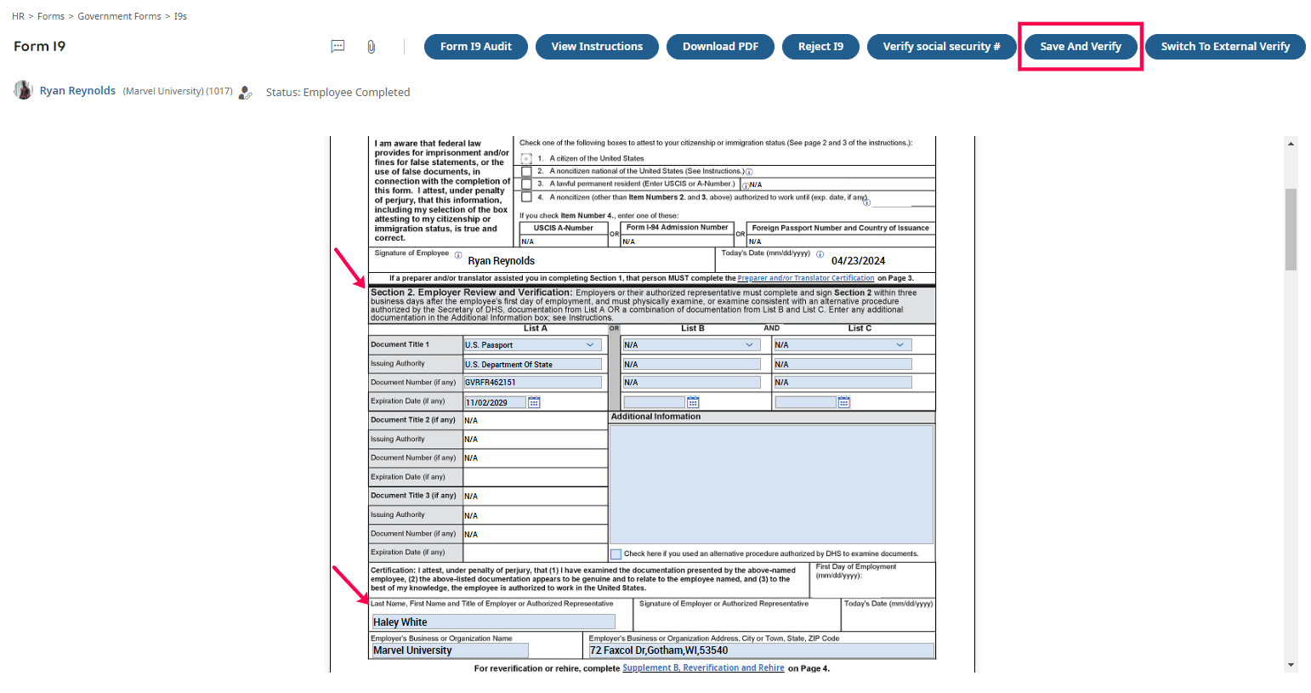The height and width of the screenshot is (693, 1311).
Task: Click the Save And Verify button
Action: [x=1080, y=47]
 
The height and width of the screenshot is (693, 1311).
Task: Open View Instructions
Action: [x=597, y=47]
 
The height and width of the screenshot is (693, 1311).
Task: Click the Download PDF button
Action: [x=720, y=47]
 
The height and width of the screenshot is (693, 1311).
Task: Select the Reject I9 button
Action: [x=820, y=47]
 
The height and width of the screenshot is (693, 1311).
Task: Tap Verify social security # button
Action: [x=941, y=47]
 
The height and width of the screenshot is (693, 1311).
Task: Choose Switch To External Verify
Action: [x=1225, y=47]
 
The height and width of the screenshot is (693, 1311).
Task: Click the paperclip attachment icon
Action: [x=372, y=47]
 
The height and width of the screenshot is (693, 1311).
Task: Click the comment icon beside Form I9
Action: [x=338, y=47]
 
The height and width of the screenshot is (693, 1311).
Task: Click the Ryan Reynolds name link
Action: [x=77, y=91]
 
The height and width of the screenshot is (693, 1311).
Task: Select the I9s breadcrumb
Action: [x=180, y=16]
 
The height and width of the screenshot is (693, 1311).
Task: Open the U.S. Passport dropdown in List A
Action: [x=532, y=345]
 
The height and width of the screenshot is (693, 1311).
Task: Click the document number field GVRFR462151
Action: [x=532, y=383]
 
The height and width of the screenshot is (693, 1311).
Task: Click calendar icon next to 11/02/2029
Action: [x=534, y=402]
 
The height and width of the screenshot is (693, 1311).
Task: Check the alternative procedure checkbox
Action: [x=616, y=554]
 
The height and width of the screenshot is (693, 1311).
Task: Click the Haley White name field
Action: [x=493, y=622]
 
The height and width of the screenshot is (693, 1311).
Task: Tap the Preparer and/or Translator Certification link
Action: [x=805, y=278]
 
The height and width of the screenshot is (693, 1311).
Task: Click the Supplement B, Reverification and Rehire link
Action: [x=703, y=668]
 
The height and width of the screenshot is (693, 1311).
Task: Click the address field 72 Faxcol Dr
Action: [x=761, y=650]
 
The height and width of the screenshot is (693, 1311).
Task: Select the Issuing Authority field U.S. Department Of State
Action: [x=532, y=364]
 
